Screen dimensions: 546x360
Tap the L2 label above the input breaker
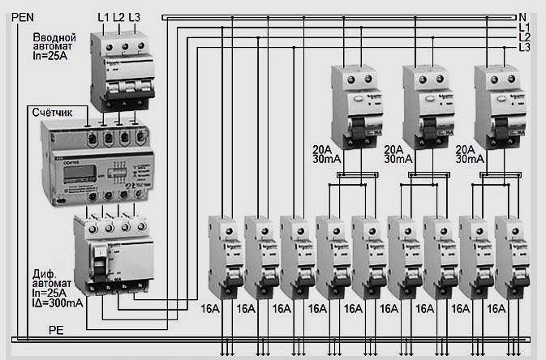coord(119,17)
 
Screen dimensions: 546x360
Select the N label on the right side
coord(524,16)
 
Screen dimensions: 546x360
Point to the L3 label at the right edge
coord(526,49)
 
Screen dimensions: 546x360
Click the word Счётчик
coord(54,110)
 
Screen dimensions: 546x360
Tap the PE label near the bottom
coord(56,331)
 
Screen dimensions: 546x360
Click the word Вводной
coord(55,38)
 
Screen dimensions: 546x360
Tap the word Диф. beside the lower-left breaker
coord(45,272)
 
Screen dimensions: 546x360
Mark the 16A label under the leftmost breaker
coord(210,308)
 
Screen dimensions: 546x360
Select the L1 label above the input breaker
coord(103,17)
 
